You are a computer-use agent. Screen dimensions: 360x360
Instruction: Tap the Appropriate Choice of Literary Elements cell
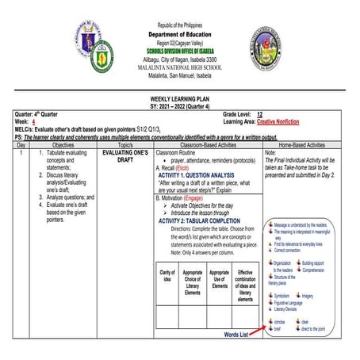pos(192,285)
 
